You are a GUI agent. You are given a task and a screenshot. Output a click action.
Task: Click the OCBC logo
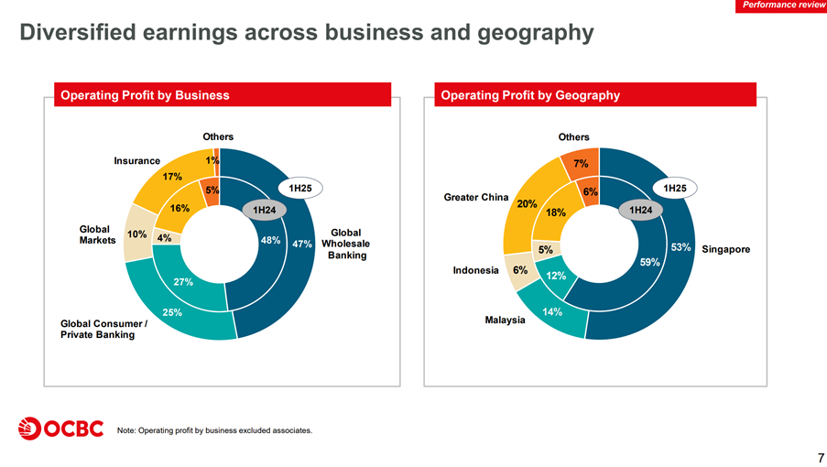[x=60, y=428]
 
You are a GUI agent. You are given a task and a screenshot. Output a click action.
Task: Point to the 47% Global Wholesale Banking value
[x=302, y=244]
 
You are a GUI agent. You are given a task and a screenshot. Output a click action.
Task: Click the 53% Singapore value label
[x=680, y=247]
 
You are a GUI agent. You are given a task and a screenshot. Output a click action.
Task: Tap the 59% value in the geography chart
[x=650, y=263]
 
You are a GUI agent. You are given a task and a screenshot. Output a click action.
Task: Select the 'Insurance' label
[x=136, y=160]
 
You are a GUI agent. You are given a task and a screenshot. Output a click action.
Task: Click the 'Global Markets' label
[x=95, y=234]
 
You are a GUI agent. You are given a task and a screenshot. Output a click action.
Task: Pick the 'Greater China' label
[x=475, y=197]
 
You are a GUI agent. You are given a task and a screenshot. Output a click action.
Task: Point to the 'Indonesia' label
[x=476, y=270]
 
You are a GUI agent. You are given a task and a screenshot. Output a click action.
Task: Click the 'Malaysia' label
[x=505, y=320]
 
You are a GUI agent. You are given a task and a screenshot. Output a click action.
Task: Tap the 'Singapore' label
[x=726, y=249]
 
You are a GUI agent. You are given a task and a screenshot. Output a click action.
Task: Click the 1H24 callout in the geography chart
[x=640, y=211]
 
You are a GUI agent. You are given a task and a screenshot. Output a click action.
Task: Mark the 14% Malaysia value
[x=552, y=312]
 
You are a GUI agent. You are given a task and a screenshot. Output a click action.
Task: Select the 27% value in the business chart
[x=183, y=282]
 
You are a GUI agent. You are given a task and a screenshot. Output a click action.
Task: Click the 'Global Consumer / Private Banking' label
[x=103, y=329]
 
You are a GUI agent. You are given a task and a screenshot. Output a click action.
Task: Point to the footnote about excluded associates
[x=215, y=430]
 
